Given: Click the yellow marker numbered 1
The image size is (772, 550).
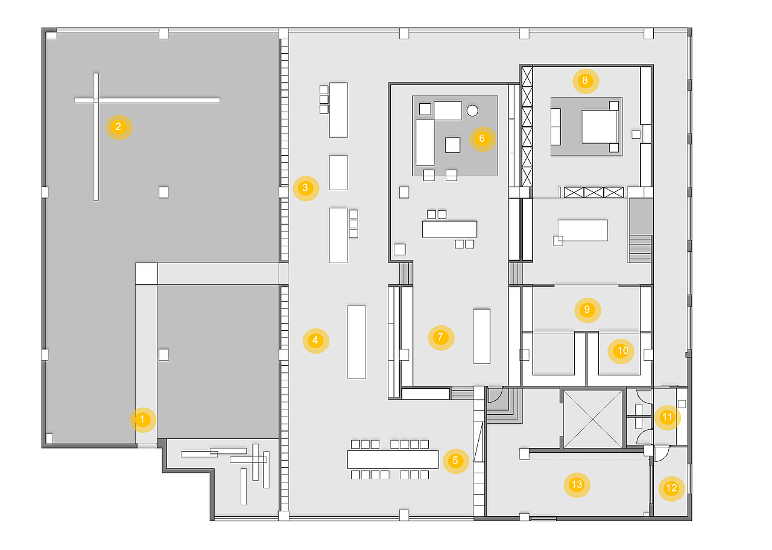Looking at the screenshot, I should point(142,420).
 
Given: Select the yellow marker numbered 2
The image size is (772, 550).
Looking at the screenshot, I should point(118,127).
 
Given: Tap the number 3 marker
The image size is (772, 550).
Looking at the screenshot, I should point(305,188).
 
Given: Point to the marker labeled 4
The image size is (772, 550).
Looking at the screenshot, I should point(315,341).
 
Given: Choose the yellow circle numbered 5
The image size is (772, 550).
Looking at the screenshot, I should point(455,461).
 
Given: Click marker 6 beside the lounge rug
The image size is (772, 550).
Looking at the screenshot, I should point(481,138).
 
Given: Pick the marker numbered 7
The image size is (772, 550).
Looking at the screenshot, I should point(440,337).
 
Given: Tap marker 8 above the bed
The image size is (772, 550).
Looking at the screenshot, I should point(584,80).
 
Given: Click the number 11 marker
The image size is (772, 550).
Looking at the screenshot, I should point(667,417).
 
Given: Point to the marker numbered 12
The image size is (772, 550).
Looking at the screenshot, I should point(671,488).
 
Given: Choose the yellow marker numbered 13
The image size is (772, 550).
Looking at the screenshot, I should point(577,484).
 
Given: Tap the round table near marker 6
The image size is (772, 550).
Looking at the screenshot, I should point(472,110).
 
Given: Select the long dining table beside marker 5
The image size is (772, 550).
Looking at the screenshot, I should point(393,460).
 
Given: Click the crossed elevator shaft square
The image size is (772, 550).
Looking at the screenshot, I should point(592,418).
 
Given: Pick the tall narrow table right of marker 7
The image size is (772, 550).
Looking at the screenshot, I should point(482,336).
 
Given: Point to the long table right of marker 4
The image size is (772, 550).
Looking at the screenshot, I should point(356,342).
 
